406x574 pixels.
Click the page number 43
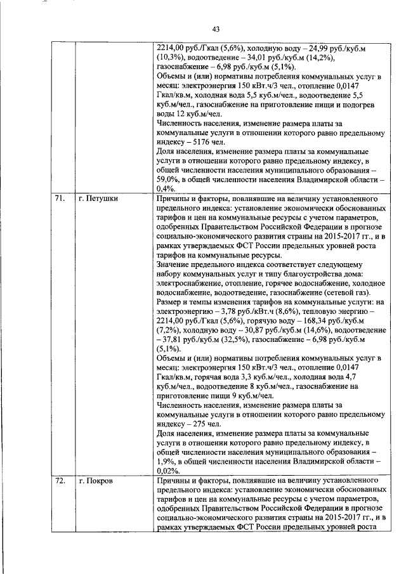[x=216, y=29]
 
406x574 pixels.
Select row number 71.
[x=60, y=199]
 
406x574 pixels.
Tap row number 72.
[x=60, y=481]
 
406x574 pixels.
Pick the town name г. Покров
[x=96, y=481]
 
